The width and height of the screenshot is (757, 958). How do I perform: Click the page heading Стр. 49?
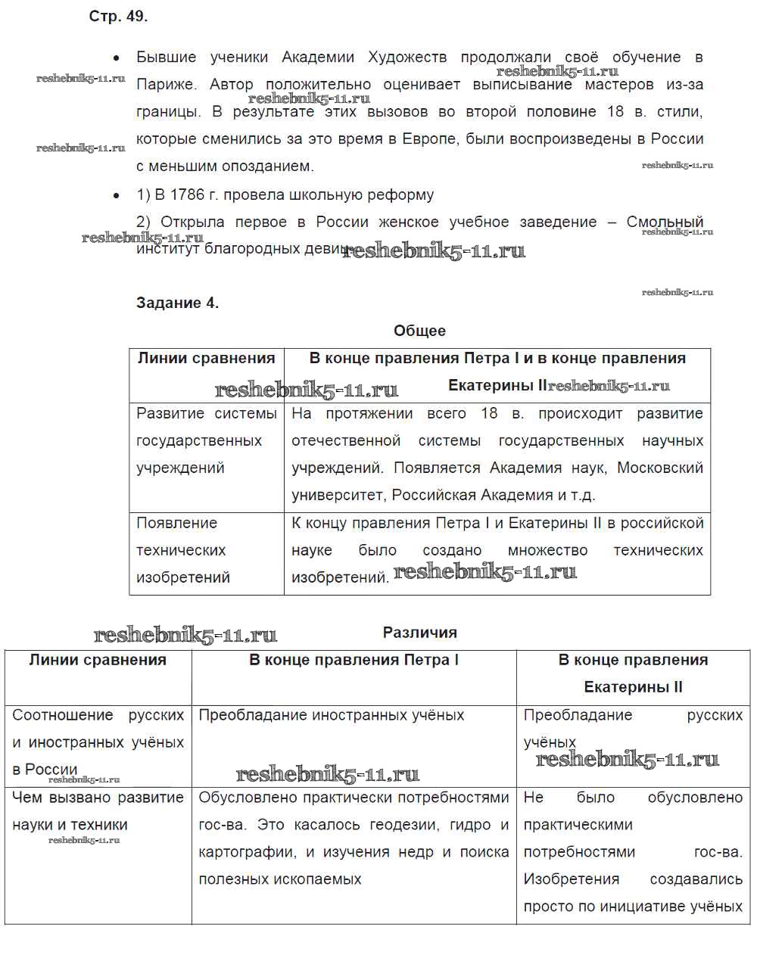[118, 17]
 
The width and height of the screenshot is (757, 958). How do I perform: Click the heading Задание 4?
[177, 303]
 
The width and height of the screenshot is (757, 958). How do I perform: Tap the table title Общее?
[419, 331]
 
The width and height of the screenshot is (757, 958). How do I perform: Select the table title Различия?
[419, 633]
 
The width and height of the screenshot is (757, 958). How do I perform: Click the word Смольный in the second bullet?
[665, 222]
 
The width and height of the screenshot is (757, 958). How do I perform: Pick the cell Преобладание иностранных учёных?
[331, 715]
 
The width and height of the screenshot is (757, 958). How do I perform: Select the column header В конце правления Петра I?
[354, 661]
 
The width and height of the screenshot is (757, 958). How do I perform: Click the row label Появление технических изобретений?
[182, 550]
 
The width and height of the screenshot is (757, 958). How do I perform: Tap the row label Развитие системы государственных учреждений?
[206, 440]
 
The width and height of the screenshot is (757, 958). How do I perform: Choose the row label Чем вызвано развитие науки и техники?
[98, 811]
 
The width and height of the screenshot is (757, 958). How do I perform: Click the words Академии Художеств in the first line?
[363, 58]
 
